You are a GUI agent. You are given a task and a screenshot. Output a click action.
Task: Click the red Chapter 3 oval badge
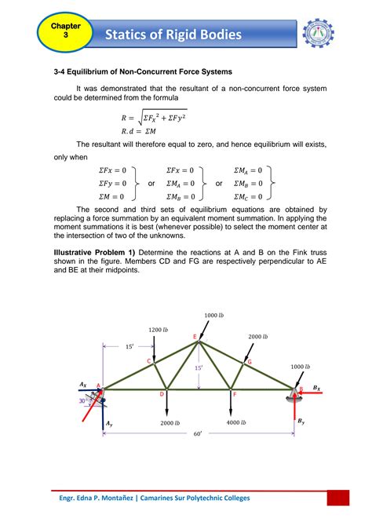tap(60, 31)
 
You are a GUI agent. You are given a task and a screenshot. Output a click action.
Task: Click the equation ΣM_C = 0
tap(250, 196)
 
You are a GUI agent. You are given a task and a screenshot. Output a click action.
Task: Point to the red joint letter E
tap(195, 336)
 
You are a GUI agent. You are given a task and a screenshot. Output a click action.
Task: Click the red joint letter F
tap(233, 395)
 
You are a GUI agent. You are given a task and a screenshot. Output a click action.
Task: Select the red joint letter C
tap(148, 360)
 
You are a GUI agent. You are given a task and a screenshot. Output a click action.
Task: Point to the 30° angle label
tap(82, 400)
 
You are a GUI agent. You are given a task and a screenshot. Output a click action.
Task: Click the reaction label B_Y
tap(301, 422)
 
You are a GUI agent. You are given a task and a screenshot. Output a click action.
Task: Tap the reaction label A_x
tap(82, 384)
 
